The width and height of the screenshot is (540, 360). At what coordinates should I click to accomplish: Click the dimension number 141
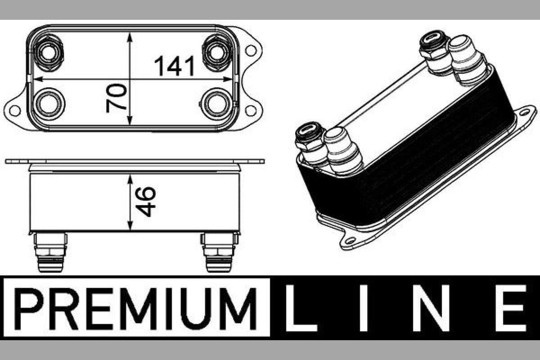174,66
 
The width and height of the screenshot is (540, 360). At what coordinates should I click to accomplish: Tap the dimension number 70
116,98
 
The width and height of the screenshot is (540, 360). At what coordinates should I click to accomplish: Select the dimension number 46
146,202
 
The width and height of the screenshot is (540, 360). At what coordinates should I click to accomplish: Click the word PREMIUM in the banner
136,309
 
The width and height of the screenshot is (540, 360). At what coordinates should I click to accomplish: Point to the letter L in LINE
301,308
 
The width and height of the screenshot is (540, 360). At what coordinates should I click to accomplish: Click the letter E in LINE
511,308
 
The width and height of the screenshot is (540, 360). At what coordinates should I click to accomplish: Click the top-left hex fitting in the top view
49,53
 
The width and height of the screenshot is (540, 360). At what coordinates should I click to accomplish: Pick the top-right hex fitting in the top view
217,53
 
